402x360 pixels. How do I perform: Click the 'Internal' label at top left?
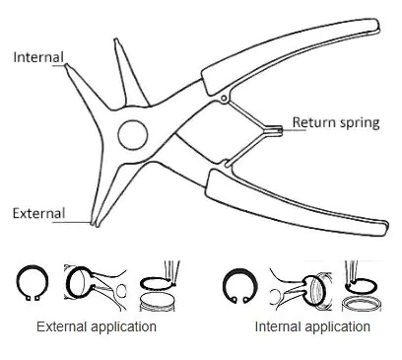36,57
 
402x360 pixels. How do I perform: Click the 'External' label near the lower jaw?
37,213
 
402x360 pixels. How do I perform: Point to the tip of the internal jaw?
66,65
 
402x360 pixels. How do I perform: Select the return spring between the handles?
261,127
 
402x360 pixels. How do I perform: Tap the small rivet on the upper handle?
226,98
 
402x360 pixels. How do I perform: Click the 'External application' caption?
96,325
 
